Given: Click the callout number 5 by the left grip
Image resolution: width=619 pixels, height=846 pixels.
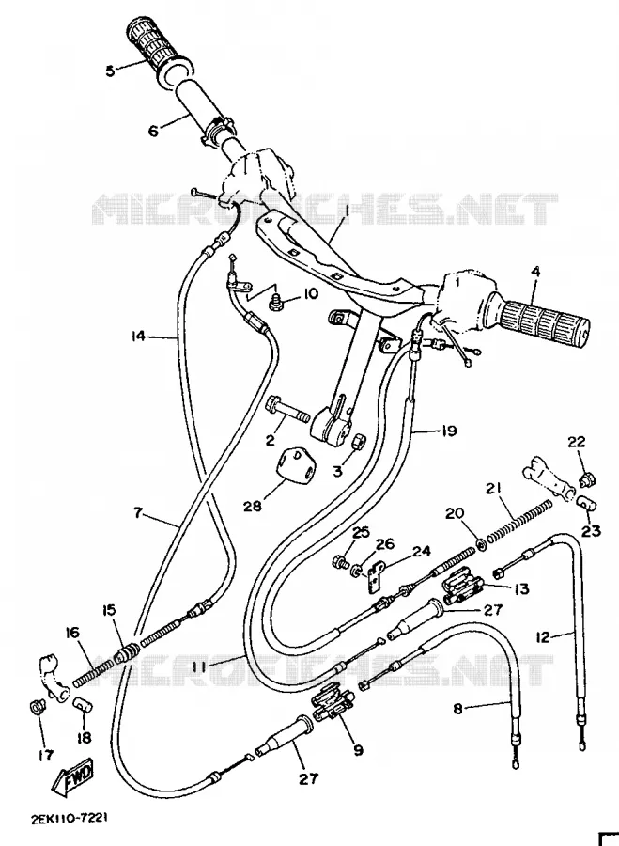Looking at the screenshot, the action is [x=110, y=70].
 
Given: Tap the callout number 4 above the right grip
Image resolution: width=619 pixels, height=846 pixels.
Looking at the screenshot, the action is [x=534, y=273].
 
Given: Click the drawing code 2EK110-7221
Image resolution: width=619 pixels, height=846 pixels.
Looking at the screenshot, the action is [x=69, y=818].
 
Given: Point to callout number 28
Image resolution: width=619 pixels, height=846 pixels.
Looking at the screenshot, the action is [x=252, y=506].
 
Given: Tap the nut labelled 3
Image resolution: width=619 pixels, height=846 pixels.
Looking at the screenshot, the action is [x=356, y=441].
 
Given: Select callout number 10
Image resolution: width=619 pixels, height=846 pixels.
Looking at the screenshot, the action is [x=310, y=294].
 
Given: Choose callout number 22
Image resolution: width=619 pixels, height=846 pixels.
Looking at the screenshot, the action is [x=576, y=442].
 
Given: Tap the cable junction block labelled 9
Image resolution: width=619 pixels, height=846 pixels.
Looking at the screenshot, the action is [x=334, y=701].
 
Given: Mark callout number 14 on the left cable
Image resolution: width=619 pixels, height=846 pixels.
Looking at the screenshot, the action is [x=138, y=337].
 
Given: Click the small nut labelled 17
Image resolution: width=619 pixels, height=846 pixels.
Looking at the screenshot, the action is [x=38, y=706].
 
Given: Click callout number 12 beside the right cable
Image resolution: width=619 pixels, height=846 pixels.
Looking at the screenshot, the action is [x=543, y=637].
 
